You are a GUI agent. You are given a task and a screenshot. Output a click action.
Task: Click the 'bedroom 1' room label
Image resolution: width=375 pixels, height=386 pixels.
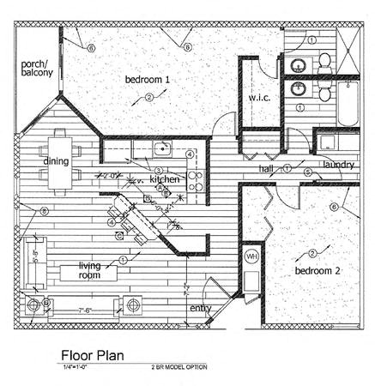[x=148, y=80]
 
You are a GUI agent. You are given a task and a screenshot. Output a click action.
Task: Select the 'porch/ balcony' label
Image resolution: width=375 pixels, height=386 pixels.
[x=38, y=69]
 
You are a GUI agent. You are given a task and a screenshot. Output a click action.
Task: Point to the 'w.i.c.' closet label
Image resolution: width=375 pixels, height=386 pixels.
[x=259, y=97]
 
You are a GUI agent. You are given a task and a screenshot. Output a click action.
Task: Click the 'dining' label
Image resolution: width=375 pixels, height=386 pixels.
[x=57, y=161]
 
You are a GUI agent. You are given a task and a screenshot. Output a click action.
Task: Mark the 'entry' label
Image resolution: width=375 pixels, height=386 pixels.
[x=201, y=307]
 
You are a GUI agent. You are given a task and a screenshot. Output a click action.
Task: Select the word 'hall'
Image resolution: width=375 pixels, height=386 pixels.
[x=269, y=170]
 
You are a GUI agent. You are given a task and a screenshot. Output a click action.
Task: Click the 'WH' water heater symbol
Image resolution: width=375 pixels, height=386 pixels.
[x=251, y=256]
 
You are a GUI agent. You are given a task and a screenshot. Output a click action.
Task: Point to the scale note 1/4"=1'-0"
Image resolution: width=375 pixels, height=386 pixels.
[x=79, y=366]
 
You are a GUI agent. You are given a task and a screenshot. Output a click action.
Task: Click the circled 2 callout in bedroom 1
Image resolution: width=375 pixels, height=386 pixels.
[x=148, y=98]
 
